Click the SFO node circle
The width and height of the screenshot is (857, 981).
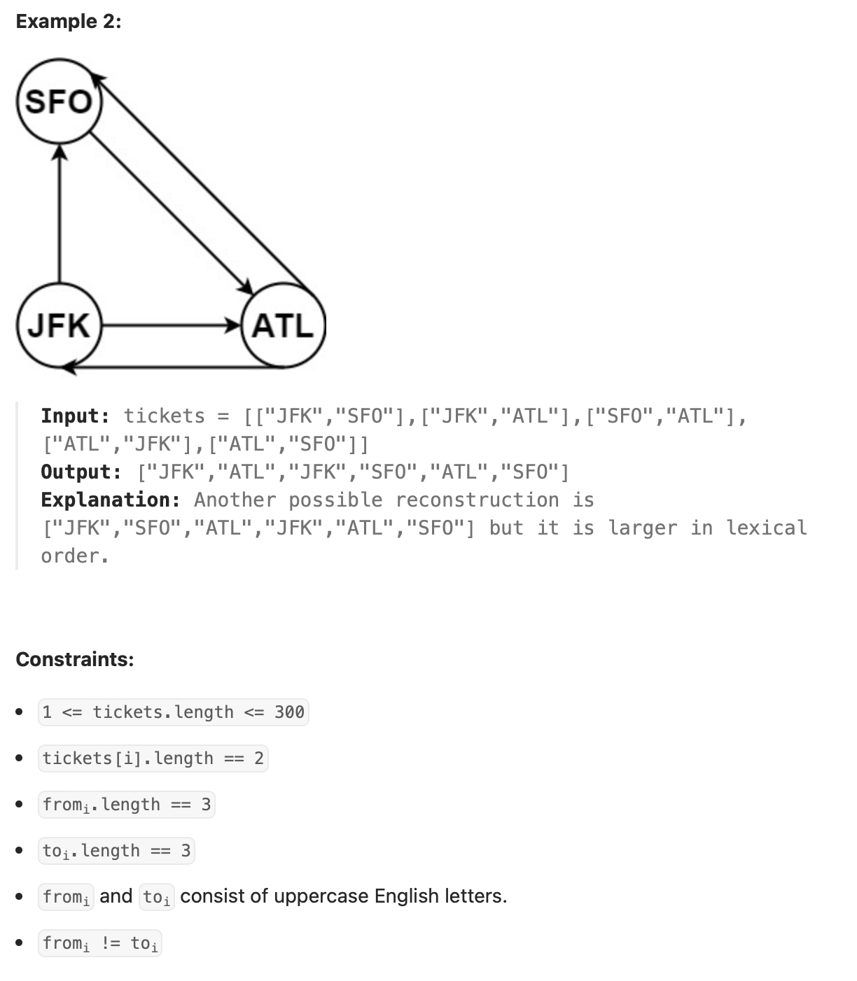click(60, 102)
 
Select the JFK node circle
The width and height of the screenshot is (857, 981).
click(60, 326)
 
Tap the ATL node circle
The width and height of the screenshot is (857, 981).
click(283, 326)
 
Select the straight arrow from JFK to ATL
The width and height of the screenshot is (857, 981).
click(172, 325)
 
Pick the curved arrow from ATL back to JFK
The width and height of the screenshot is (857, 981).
click(175, 366)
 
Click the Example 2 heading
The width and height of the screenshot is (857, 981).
click(69, 21)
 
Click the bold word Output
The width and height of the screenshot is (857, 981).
click(81, 472)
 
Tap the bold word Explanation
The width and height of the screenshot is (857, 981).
click(110, 500)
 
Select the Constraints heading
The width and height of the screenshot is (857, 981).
click(75, 659)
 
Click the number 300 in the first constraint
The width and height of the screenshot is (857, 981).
click(289, 712)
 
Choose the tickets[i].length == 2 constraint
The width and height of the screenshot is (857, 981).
click(153, 758)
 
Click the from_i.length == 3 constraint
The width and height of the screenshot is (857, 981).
click(126, 805)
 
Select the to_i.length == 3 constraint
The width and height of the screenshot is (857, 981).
click(116, 851)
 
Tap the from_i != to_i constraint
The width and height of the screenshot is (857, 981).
click(100, 943)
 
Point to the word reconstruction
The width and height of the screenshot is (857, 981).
click(477, 500)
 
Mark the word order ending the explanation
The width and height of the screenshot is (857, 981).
click(72, 556)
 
